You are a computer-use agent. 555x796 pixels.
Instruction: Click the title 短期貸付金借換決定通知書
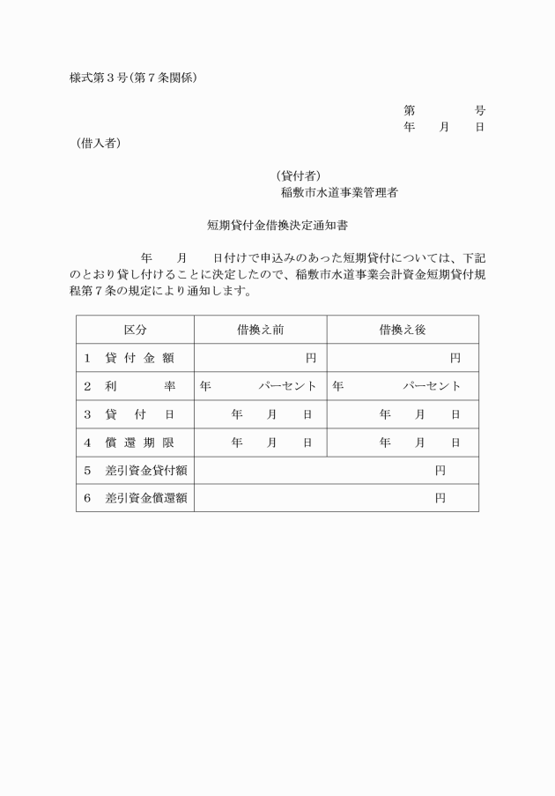(277, 225)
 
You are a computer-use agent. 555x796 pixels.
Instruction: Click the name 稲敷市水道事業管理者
(338, 192)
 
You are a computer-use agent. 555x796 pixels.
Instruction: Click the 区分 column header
(135, 330)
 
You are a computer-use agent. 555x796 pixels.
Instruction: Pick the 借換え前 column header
(260, 330)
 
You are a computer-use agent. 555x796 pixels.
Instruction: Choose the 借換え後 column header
(403, 330)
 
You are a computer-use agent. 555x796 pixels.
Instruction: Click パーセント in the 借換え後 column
(432, 386)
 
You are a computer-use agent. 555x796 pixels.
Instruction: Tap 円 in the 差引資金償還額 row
(440, 498)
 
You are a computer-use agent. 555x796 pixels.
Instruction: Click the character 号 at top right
(480, 110)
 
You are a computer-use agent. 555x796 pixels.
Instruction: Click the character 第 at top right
(410, 110)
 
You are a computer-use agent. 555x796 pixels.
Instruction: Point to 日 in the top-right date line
(480, 127)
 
